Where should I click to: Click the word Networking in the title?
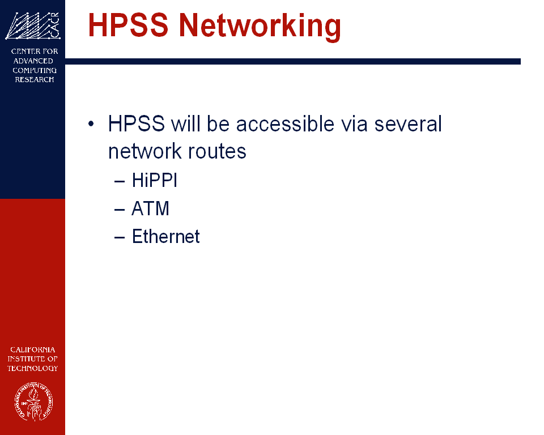(x=260, y=27)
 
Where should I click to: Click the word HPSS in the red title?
(x=128, y=24)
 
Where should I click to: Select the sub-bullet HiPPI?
(x=154, y=180)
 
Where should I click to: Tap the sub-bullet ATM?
(x=151, y=208)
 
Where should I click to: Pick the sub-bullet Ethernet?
(x=166, y=237)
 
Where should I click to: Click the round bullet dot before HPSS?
(x=91, y=123)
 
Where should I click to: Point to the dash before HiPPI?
(x=120, y=181)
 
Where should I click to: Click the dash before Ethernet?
(x=120, y=238)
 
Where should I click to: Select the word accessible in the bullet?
(x=285, y=123)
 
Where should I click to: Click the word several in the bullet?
(x=408, y=123)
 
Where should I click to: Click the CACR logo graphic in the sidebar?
(x=33, y=25)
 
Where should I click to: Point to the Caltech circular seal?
(x=33, y=402)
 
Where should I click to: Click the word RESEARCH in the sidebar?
(x=35, y=79)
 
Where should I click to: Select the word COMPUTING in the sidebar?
(x=35, y=70)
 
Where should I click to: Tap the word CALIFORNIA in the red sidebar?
(x=33, y=349)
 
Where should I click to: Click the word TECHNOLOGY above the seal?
(x=33, y=368)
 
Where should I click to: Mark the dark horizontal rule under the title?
(x=293, y=61)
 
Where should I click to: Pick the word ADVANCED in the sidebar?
(x=33, y=61)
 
